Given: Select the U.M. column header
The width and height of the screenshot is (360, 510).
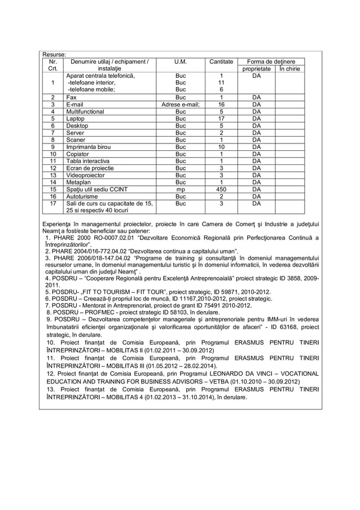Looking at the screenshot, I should pos(181,62).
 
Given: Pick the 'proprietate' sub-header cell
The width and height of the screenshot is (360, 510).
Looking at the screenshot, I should pos(256,69).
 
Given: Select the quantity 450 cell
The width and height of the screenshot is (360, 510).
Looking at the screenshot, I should pos(221,190).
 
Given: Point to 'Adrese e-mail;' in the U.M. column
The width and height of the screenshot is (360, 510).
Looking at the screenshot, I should pos(181,104).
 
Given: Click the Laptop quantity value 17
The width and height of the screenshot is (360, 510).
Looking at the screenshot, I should pos(221,119).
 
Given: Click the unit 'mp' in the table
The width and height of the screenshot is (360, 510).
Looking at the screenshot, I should pos(181,190).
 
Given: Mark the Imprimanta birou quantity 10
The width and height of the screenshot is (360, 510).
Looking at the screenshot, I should pos(221,147).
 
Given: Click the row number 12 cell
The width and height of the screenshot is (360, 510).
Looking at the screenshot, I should pos(52,168).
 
